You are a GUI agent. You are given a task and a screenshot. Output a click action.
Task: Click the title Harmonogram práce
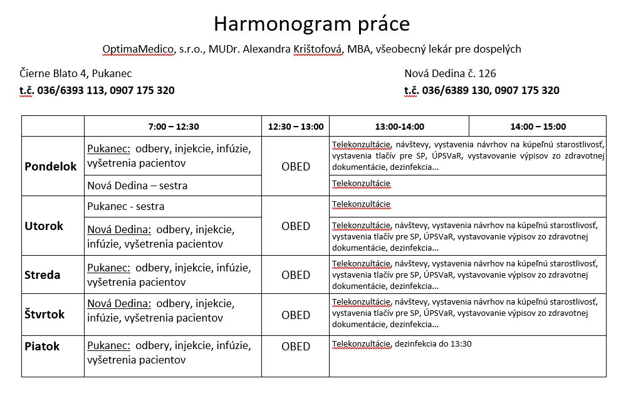[x=311, y=23]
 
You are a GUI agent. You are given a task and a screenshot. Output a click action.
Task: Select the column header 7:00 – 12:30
[x=173, y=126]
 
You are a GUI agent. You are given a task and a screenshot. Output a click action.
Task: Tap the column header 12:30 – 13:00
[x=295, y=126]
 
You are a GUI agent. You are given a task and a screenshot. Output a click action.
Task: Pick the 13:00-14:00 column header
[x=399, y=126]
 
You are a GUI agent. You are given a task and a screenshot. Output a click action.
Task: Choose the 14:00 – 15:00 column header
[x=538, y=126]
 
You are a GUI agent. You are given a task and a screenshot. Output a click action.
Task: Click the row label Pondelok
[x=51, y=166]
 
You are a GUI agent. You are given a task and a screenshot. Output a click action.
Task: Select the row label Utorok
[x=44, y=226]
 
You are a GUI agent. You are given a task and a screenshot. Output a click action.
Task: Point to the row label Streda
[x=43, y=275]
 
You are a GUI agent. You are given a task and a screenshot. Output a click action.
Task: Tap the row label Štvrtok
[x=44, y=314]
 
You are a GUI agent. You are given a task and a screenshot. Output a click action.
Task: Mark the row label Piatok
[x=42, y=346]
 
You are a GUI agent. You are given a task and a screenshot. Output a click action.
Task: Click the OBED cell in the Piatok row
[x=296, y=346]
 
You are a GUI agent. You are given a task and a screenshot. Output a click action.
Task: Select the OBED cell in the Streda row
[x=296, y=275]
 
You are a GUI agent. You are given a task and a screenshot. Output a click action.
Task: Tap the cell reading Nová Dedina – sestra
[x=137, y=186]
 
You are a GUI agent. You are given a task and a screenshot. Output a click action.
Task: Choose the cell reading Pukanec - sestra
[x=126, y=206]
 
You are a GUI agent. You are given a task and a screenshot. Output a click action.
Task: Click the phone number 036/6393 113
[x=71, y=90]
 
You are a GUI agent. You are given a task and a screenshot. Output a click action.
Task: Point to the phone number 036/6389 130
[x=456, y=90]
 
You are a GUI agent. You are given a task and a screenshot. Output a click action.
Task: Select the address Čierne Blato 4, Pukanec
[x=76, y=73]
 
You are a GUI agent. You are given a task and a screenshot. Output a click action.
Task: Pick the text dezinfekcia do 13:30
[x=432, y=343]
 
